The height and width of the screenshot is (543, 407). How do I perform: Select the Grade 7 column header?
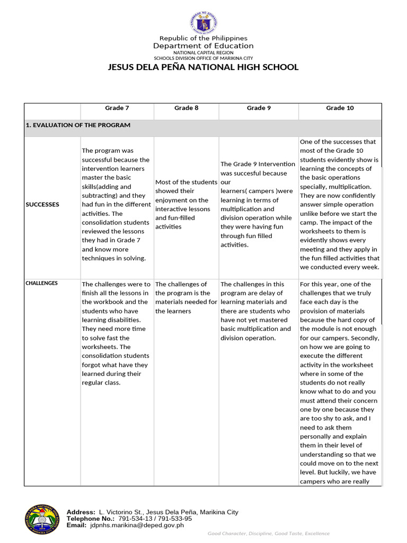coord(117,108)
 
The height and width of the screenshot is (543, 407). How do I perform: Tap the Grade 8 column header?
coord(187,108)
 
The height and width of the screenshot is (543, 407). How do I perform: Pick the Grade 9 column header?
coord(259,108)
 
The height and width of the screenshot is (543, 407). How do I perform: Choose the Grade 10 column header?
coord(340,108)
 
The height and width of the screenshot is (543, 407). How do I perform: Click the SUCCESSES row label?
coord(42,204)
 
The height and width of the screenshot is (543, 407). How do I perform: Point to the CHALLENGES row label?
coord(41,283)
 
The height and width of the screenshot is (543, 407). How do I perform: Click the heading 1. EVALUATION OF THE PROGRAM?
coord(78,125)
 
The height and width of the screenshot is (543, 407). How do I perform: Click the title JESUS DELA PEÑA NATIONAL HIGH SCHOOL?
coord(203,67)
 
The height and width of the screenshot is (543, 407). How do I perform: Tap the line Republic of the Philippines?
coord(203,38)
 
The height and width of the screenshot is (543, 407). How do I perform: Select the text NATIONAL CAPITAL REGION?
coord(203,53)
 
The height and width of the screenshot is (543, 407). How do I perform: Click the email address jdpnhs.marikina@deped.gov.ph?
coord(137,525)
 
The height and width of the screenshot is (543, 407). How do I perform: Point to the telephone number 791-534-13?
coord(135,519)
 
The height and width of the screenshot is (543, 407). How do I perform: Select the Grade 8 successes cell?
coord(186,204)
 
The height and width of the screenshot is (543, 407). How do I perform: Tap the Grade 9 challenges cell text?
coord(258,311)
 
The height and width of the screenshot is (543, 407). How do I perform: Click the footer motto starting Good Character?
coord(268,533)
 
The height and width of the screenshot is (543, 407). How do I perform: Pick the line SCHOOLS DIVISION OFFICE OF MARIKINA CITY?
coord(203,58)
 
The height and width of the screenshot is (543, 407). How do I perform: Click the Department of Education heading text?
coord(203,46)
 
